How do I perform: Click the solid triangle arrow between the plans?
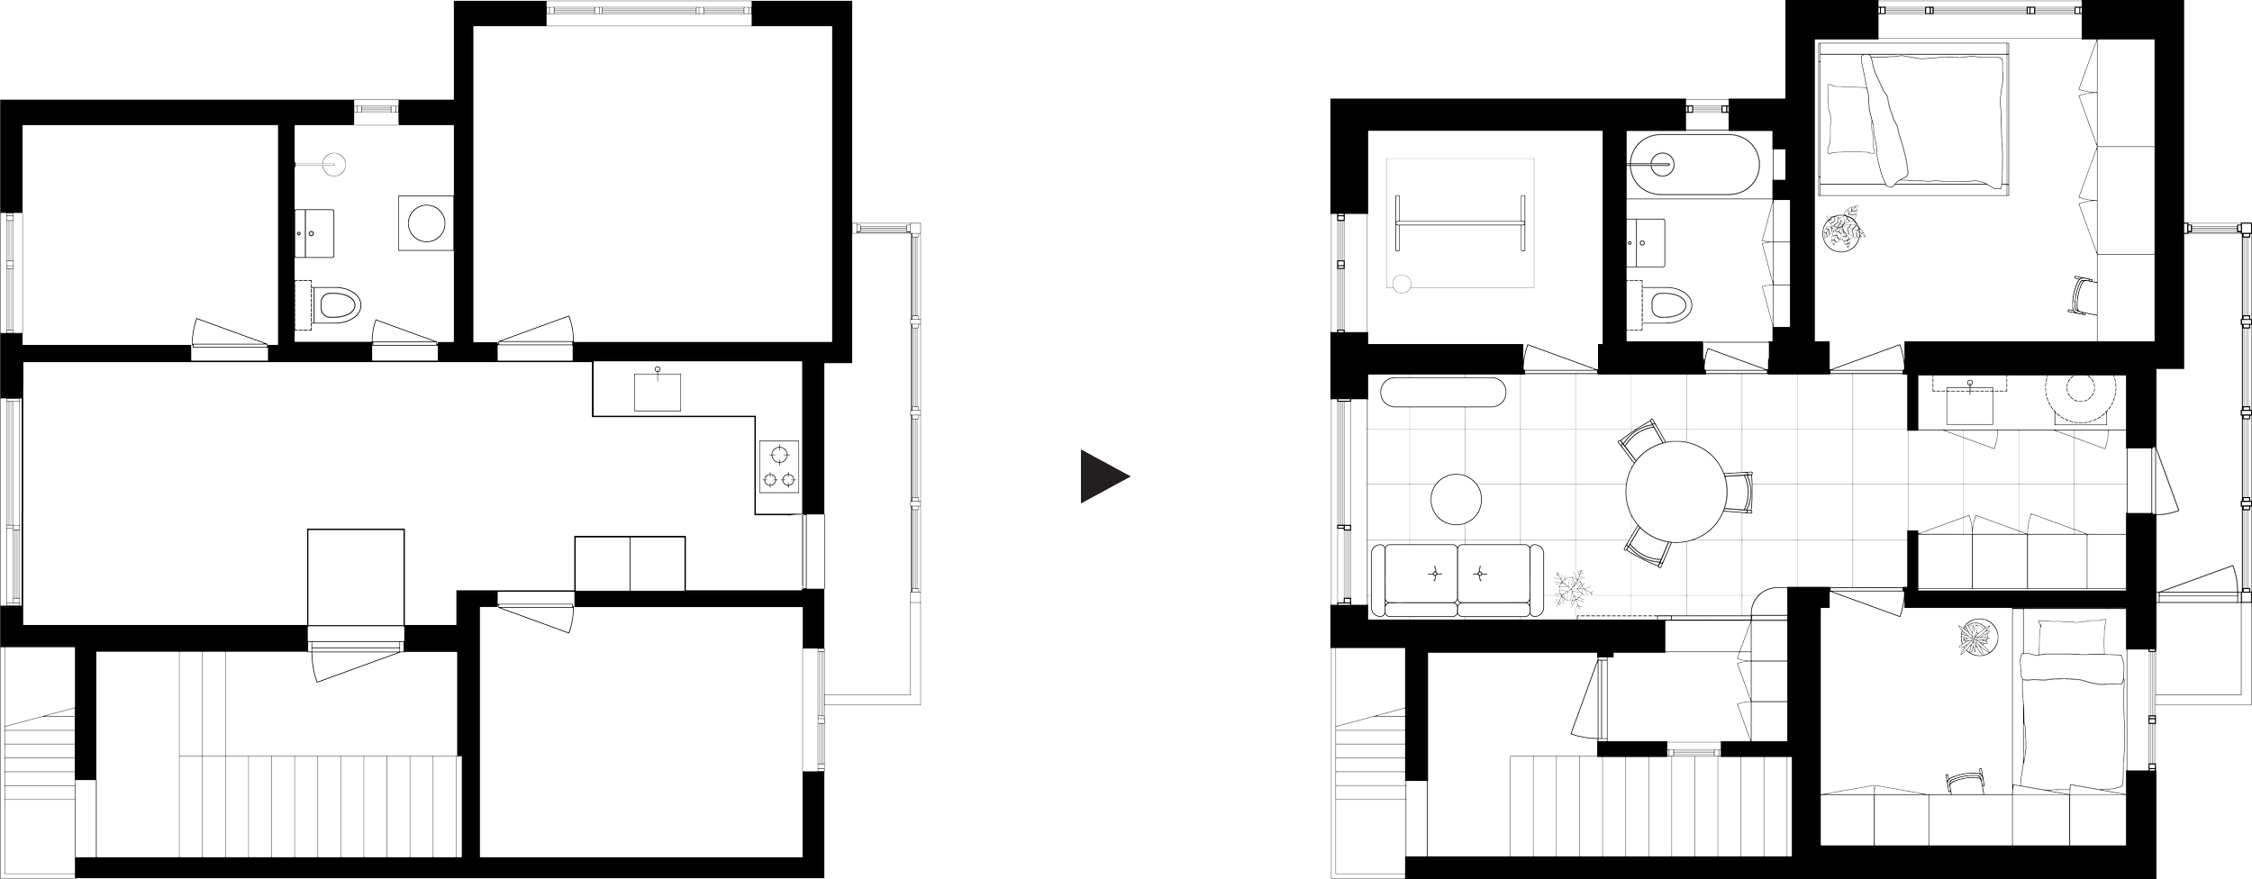tap(1102, 477)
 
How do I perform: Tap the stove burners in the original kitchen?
tap(778, 467)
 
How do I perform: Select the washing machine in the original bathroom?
tap(423, 222)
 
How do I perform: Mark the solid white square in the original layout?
tap(355, 576)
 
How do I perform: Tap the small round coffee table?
tap(1456, 498)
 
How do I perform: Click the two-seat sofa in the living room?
tap(1457, 580)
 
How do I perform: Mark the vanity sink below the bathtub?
tap(1647, 243)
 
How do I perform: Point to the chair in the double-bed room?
tap(2080, 295)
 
